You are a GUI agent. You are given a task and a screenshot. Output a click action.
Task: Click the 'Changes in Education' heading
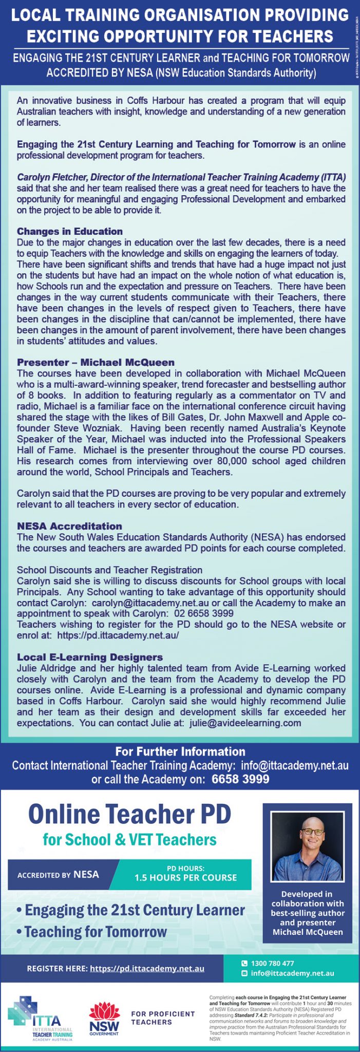click(70, 231)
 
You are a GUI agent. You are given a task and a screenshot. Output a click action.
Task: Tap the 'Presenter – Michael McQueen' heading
click(96, 363)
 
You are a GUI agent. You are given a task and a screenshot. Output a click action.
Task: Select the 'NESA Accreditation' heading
click(69, 526)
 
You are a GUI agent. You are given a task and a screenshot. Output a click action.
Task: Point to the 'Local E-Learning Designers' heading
click(90, 657)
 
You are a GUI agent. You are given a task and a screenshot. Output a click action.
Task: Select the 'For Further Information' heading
click(180, 752)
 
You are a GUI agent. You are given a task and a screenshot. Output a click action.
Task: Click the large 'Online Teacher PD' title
click(129, 814)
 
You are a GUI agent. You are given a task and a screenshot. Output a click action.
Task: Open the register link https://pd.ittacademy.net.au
click(147, 968)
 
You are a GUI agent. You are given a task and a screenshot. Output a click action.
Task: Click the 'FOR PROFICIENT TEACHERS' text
click(163, 1018)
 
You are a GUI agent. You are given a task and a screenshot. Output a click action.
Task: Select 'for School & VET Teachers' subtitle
click(129, 840)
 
